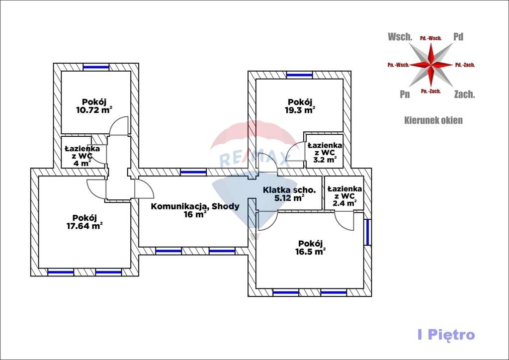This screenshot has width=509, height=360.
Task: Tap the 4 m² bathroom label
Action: (82, 163)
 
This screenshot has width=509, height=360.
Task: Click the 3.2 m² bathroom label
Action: (325, 160)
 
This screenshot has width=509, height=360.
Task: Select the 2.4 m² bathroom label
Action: (345, 203)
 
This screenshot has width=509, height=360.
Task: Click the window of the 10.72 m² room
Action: (96, 67)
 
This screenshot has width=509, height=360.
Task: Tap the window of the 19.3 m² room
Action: (299, 75)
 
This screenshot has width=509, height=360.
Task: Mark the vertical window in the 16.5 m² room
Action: (368, 232)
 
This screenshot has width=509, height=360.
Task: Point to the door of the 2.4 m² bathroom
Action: (344, 221)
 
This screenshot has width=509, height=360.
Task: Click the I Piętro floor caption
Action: (446, 335)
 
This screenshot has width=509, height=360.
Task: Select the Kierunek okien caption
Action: (433, 120)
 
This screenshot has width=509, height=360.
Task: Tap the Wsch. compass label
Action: (400, 37)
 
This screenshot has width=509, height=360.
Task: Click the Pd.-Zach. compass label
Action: (465, 65)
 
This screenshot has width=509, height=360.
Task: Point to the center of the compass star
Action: (431, 65)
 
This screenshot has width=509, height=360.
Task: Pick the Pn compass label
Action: (405, 94)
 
